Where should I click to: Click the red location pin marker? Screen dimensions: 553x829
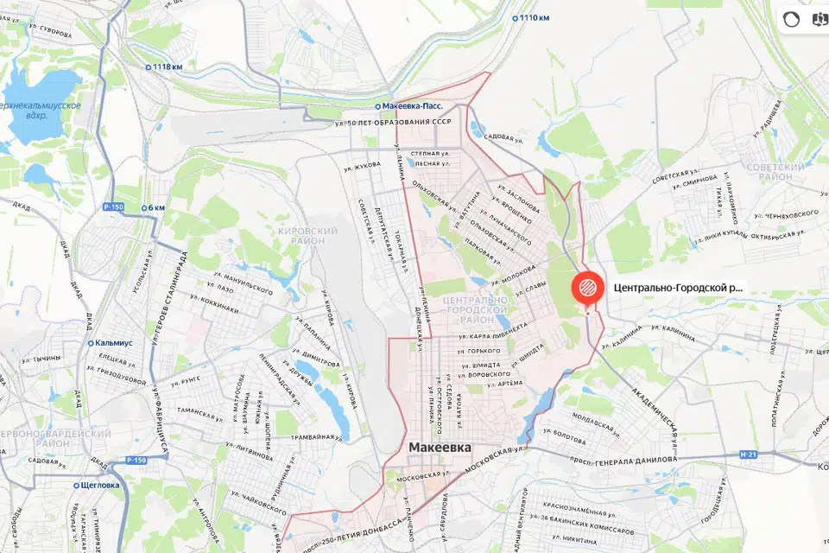coord(587,289)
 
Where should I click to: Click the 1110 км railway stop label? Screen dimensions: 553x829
coord(533,17)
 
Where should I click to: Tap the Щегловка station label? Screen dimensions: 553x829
coord(100,485)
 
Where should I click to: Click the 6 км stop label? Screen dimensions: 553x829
coord(155,207)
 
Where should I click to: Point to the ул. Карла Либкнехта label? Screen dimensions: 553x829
coord(493,330)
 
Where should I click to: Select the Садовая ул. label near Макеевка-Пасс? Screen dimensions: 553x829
coord(505,137)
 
